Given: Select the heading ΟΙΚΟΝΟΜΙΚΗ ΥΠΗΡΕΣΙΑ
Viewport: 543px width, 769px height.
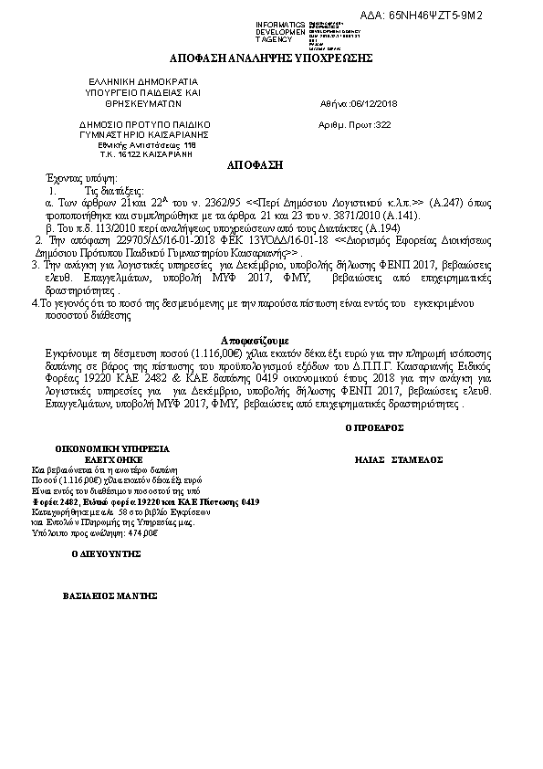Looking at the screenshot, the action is click(x=111, y=450).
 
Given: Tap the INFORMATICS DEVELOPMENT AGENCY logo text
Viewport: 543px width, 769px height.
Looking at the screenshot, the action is click(x=281, y=32).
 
